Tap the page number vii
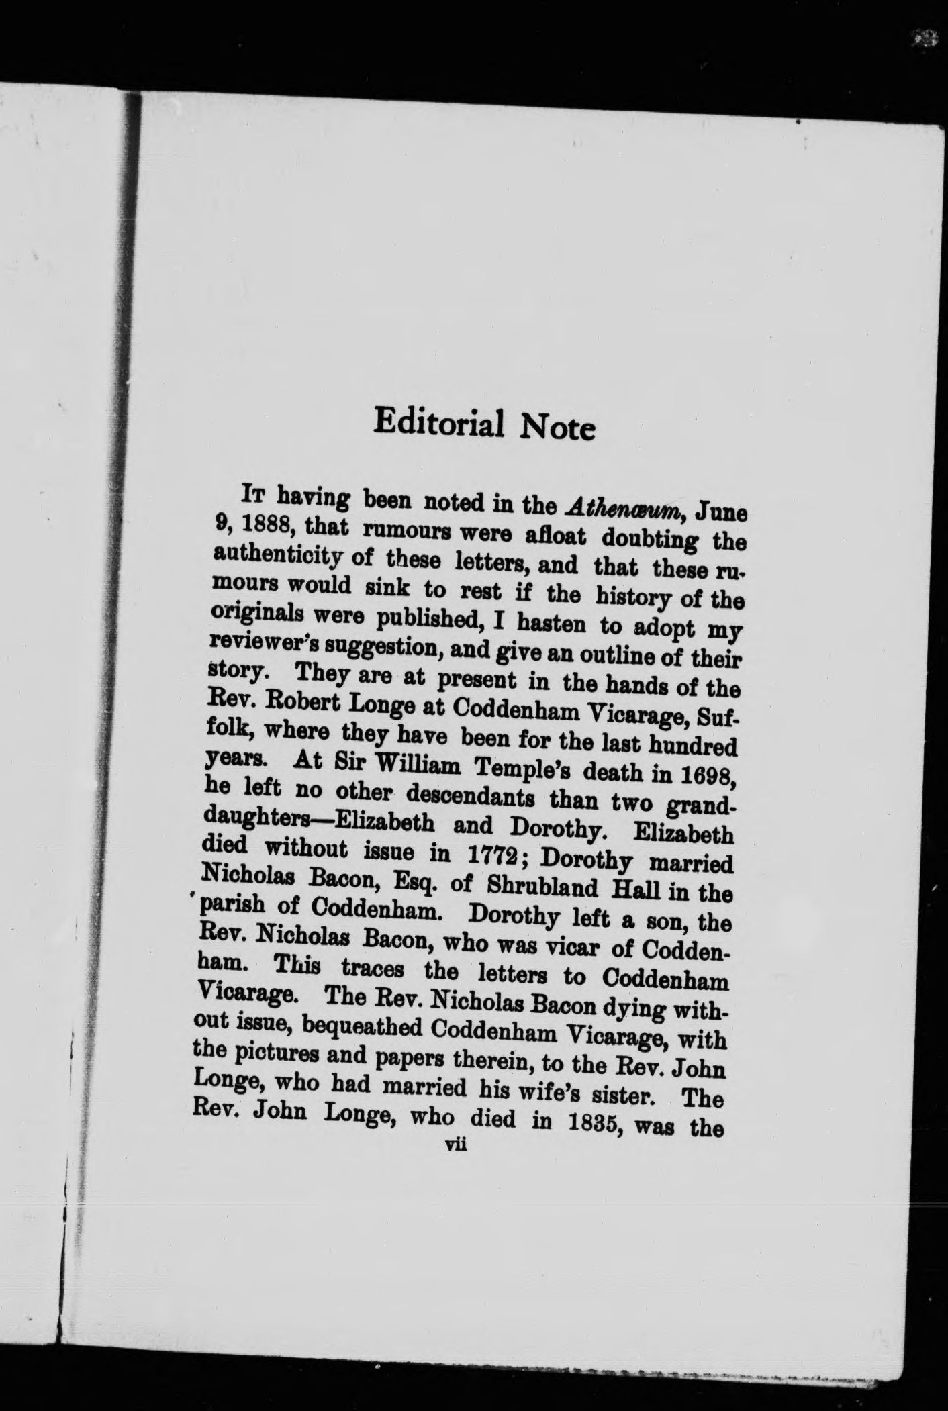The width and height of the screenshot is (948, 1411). (456, 1147)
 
